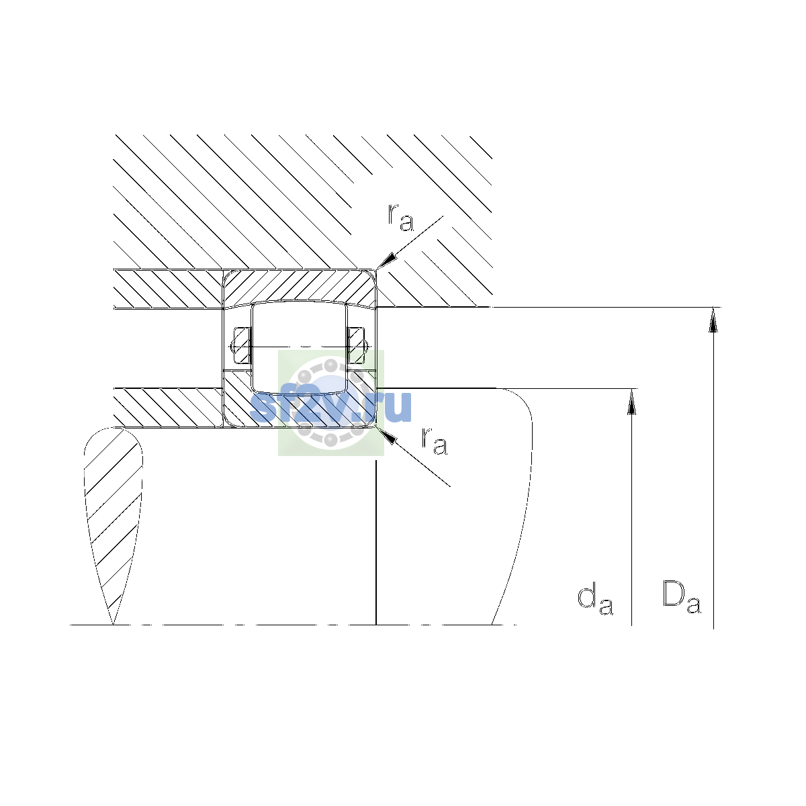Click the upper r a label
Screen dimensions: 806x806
[x=401, y=218]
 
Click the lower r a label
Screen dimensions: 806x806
[x=434, y=441]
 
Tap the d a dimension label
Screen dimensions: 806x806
[x=595, y=600]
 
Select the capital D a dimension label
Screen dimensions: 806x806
[x=681, y=597]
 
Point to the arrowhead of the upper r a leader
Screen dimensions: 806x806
[x=386, y=260]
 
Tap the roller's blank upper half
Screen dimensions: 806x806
[x=299, y=324]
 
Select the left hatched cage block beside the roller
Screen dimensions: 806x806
[x=242, y=345]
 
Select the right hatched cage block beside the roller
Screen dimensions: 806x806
[x=356, y=345]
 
